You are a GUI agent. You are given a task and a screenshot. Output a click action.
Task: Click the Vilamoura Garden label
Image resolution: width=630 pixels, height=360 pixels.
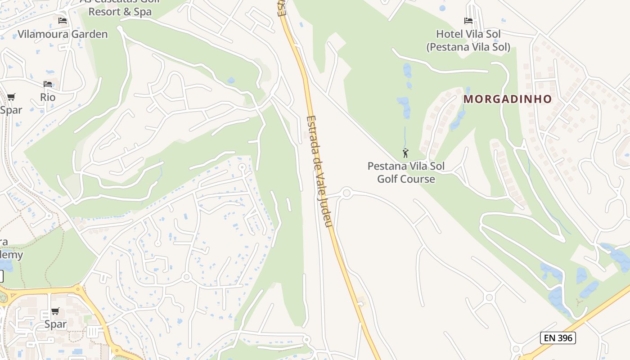(63, 34)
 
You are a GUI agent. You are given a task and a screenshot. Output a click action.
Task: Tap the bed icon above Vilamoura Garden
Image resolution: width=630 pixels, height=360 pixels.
(63, 21)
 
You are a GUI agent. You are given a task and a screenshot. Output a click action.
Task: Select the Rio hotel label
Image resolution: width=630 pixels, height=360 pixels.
(48, 97)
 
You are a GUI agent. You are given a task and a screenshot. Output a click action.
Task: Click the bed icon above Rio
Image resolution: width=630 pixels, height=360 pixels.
(48, 84)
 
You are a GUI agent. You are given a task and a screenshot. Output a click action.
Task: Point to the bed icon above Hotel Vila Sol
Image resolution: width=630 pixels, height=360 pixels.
(468, 21)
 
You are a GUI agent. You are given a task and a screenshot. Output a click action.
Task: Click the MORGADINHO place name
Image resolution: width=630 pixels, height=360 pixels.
(508, 99)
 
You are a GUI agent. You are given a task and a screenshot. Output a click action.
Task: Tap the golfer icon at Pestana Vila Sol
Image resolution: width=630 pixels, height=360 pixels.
(405, 153)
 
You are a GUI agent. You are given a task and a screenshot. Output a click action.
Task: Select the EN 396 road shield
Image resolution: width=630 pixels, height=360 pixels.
(558, 337)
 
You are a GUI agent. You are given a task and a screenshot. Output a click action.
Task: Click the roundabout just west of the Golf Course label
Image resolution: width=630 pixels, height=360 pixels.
(346, 193)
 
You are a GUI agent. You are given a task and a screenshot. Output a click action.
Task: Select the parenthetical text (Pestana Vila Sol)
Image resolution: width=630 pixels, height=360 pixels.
(468, 47)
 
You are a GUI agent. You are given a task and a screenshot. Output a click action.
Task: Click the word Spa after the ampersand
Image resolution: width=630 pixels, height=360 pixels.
(143, 12)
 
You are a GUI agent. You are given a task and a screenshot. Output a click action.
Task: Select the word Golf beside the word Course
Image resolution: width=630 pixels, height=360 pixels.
(387, 179)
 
